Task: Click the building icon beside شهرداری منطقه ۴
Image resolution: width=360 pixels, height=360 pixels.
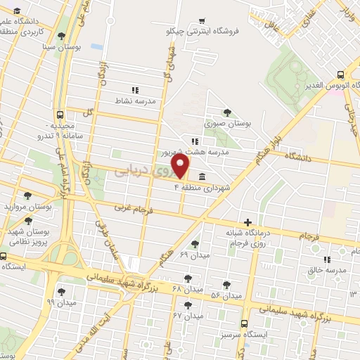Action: tap(202, 176)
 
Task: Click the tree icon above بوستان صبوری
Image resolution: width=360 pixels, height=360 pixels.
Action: tap(226, 111)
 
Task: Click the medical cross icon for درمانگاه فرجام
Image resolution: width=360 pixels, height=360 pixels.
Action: tap(247, 221)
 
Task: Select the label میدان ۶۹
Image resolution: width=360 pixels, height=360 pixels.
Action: tap(195, 253)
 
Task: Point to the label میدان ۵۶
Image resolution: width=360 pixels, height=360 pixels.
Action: tap(227, 295)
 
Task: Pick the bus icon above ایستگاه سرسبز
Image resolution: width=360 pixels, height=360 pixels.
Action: tap(243, 324)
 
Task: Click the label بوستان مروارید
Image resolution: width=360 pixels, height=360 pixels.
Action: tap(29, 207)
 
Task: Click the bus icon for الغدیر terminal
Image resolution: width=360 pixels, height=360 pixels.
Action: tap(341, 75)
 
